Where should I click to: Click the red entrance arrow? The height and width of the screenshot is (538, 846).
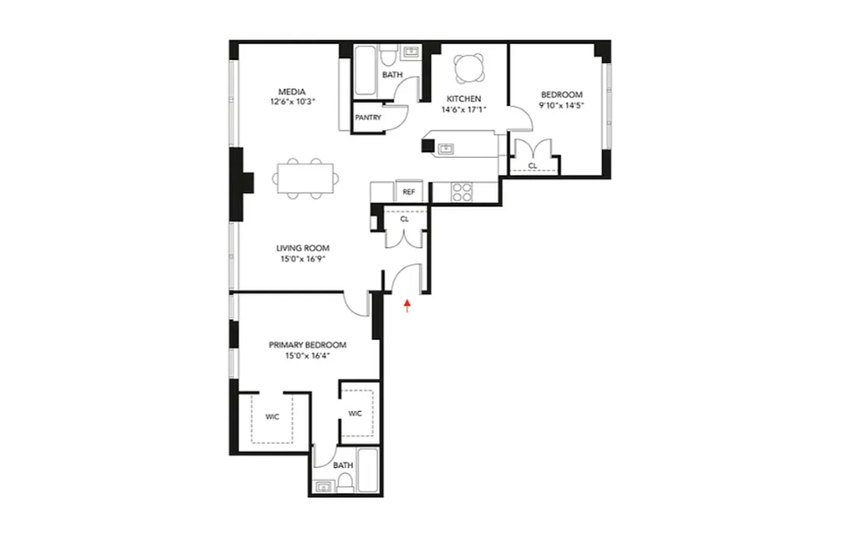pyautogui.click(x=406, y=306)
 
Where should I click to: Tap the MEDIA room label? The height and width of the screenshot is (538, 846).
pyautogui.click(x=293, y=92)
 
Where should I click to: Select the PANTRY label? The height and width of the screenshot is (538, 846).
pyautogui.click(x=368, y=118)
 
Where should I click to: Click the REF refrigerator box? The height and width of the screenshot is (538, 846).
pyautogui.click(x=408, y=192)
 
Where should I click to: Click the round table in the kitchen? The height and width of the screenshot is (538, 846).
pyautogui.click(x=467, y=67)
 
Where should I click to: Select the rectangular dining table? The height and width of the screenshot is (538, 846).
pyautogui.click(x=306, y=179)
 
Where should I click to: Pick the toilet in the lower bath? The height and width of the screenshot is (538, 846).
pyautogui.click(x=344, y=481)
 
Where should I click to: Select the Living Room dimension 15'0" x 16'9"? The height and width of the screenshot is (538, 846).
pyautogui.click(x=303, y=258)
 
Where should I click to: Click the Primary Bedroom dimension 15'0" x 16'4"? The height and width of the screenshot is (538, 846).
pyautogui.click(x=307, y=355)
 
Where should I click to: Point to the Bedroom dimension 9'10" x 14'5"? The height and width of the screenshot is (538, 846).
pyautogui.click(x=562, y=105)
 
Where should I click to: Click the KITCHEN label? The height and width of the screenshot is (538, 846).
pyautogui.click(x=464, y=99)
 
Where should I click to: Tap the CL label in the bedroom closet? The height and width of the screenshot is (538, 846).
pyautogui.click(x=533, y=165)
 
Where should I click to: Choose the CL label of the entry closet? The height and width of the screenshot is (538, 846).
pyautogui.click(x=404, y=218)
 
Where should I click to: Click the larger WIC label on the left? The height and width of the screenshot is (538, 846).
pyautogui.click(x=272, y=417)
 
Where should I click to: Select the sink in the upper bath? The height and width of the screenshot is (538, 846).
pyautogui.click(x=410, y=51)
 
